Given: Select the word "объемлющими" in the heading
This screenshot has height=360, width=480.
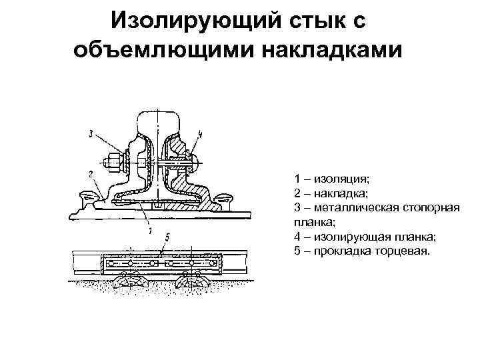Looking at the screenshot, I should [x=154, y=51].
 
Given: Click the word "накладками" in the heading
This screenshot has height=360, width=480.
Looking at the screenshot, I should [x=325, y=51].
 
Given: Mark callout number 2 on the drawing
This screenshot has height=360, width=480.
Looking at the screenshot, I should [x=89, y=173].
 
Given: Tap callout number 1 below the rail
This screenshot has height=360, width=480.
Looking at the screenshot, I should [x=151, y=231].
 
